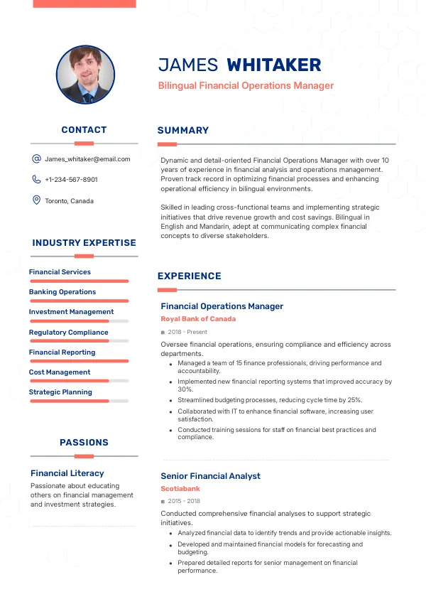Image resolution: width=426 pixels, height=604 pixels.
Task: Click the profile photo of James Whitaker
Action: [x=85, y=75]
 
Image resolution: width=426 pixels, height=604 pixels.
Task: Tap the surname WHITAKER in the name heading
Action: [x=273, y=65]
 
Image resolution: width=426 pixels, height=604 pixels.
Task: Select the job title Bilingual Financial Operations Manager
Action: [x=246, y=86]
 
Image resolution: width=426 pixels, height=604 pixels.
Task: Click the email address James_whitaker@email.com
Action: [x=87, y=159]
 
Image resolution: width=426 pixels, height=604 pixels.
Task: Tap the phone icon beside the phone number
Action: [x=36, y=180]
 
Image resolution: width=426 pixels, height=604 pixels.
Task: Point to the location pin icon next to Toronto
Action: [x=36, y=200]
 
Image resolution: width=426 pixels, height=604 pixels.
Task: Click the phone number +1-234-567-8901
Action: [x=71, y=180]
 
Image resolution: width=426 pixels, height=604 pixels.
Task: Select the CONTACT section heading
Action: [x=84, y=130]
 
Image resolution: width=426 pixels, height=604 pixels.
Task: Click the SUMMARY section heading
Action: [x=183, y=131]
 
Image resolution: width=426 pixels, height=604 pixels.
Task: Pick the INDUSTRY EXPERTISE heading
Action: [x=84, y=243]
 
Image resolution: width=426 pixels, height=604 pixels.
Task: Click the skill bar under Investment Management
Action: [x=79, y=321]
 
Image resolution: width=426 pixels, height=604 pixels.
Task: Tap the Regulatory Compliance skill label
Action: [x=68, y=332]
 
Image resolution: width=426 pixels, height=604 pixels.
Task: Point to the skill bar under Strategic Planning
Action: [x=79, y=401]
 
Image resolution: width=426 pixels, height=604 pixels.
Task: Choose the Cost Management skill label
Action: [x=60, y=372]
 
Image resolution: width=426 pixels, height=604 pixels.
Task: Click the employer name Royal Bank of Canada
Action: [x=198, y=319]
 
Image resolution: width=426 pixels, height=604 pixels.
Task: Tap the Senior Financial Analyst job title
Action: [x=210, y=476]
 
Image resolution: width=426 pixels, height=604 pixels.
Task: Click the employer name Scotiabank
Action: [x=180, y=489]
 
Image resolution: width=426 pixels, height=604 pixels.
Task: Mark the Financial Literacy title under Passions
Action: [x=67, y=473]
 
